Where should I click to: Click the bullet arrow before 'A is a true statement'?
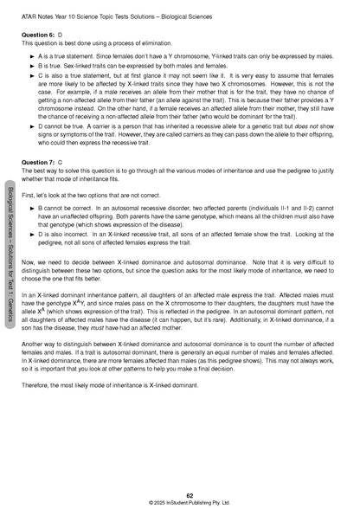[x=31, y=55]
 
